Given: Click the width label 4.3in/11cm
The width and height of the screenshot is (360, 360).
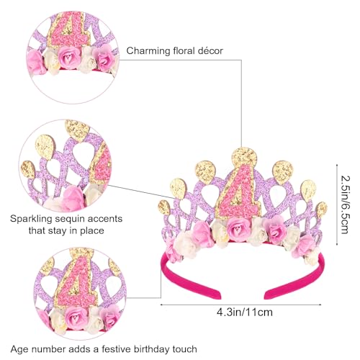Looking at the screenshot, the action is [x=245, y=312].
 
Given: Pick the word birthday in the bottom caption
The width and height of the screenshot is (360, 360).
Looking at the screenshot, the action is [x=151, y=349].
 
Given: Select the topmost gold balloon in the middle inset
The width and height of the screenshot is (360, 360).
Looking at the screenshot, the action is [x=77, y=130].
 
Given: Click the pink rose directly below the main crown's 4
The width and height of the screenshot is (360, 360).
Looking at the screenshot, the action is [x=238, y=228].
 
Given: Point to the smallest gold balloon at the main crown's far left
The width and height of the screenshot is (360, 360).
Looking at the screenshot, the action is [x=163, y=207].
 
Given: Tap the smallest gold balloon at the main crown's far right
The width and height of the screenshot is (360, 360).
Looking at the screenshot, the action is [x=322, y=210].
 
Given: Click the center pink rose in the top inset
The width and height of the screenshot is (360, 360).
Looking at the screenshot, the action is [x=69, y=57].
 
